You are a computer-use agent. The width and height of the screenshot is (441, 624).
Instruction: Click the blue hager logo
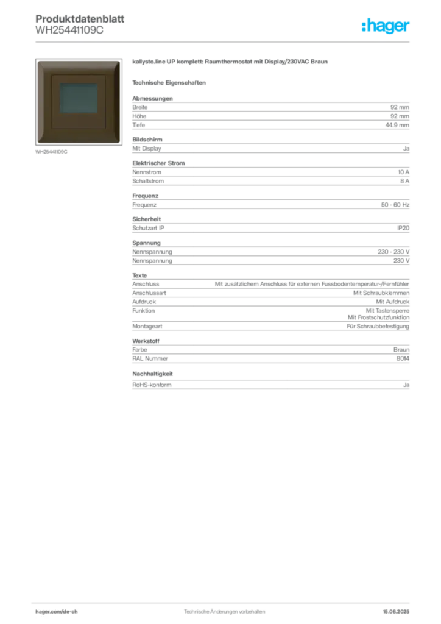[x=386, y=26]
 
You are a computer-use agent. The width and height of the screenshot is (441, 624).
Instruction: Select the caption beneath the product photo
[x=51, y=152]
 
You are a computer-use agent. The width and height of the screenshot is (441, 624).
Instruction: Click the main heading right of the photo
[x=231, y=63]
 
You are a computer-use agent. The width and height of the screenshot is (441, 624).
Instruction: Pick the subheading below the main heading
[x=171, y=82]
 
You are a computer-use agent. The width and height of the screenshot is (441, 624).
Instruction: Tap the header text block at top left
[x=79, y=24]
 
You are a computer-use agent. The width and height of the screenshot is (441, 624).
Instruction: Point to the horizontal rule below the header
[x=244, y=42]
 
